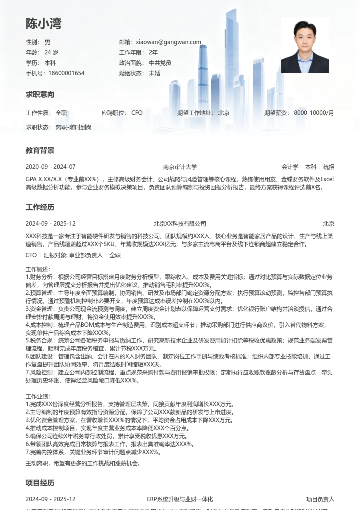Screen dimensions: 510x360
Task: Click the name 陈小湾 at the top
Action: [x=44, y=24]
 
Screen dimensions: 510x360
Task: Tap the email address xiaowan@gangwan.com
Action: [x=168, y=42]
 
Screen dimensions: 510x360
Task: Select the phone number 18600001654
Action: [x=66, y=73]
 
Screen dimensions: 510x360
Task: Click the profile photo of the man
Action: [x=304, y=45]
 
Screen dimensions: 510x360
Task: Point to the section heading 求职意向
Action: [x=40, y=95]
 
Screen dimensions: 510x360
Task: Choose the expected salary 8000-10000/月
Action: [x=314, y=113]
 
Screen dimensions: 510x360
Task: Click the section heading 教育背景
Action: [x=40, y=151]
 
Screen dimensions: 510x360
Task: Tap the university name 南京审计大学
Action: [x=180, y=167]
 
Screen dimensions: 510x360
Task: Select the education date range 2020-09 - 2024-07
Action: [x=50, y=167]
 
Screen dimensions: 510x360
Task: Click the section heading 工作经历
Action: [x=40, y=208]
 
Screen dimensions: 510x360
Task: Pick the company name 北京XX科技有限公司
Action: [x=180, y=224]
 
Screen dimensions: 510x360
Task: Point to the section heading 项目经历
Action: [x=40, y=483]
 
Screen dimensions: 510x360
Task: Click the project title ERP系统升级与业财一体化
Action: [x=180, y=500]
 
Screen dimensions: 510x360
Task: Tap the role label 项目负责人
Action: [x=320, y=500]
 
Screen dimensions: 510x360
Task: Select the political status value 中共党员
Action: [x=160, y=63]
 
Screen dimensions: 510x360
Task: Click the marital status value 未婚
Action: [x=154, y=73]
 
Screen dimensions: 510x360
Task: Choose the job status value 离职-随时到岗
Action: [x=74, y=127]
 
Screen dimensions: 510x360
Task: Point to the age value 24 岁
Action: [x=51, y=52]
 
